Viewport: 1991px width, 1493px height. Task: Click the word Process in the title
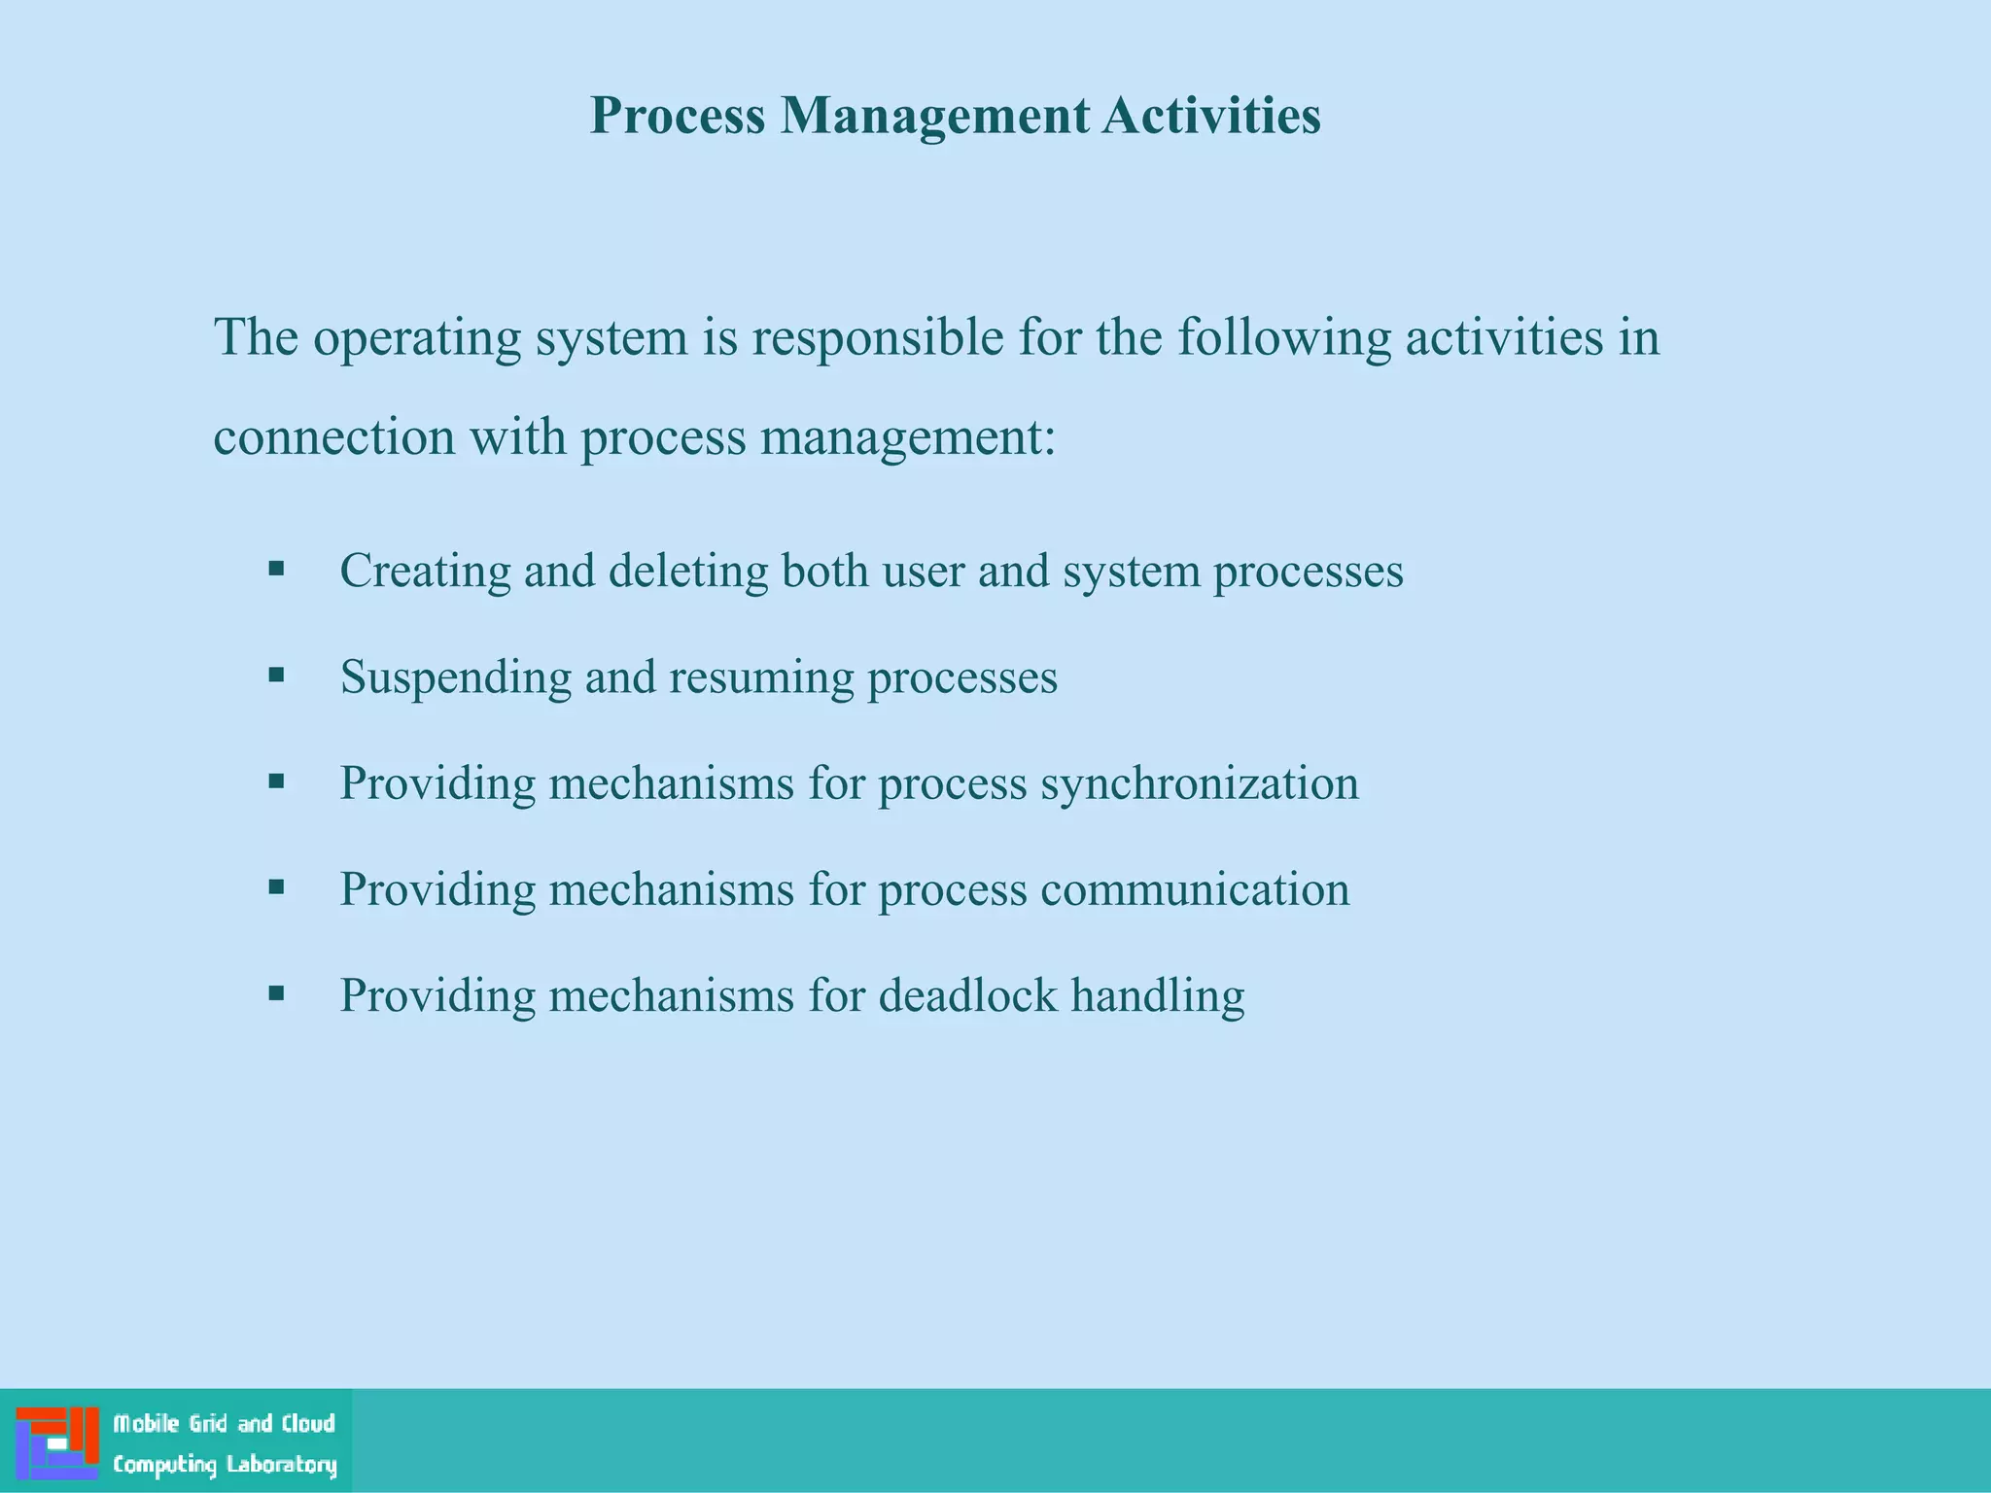678,116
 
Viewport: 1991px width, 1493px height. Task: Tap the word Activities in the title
1211,116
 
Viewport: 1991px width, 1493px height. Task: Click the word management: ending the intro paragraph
907,437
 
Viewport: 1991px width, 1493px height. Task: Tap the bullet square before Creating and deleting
276,568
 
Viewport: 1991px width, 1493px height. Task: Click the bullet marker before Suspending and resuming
276,674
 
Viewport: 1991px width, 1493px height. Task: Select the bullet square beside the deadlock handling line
276,992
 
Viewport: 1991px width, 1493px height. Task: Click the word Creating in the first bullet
425,571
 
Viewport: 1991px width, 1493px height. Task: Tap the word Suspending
455,677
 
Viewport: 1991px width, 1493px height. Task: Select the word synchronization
1199,783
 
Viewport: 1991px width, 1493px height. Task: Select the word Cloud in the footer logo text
308,1424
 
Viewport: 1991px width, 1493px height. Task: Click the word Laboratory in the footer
282,1465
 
